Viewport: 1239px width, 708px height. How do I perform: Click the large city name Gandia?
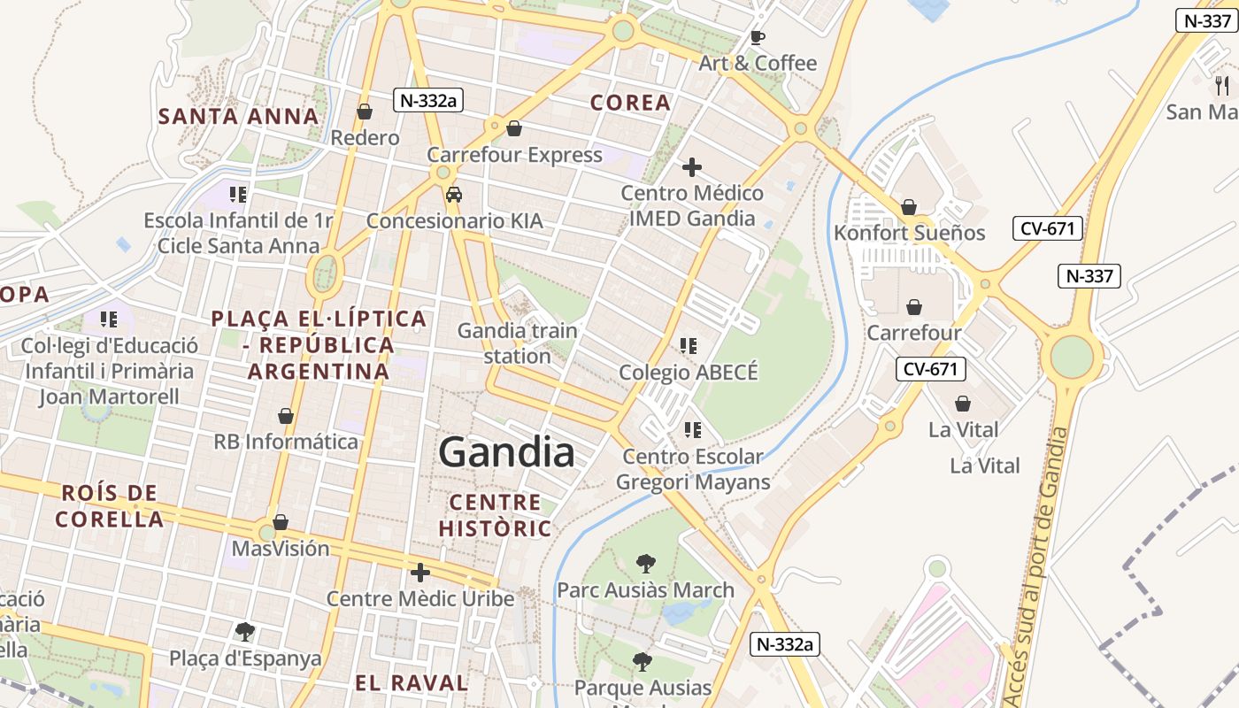pos(506,452)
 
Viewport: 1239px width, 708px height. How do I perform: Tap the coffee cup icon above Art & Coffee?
pos(757,37)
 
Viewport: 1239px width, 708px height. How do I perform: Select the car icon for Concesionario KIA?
pos(453,195)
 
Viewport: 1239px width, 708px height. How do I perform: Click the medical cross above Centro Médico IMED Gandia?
pos(692,166)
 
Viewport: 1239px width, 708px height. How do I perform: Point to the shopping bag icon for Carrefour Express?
pos(514,128)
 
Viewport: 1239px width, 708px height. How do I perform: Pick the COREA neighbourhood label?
pos(630,103)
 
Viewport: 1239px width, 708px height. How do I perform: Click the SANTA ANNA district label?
pos(238,116)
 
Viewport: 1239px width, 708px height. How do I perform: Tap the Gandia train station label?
pos(517,343)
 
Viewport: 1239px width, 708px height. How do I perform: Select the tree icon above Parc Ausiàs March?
pos(646,563)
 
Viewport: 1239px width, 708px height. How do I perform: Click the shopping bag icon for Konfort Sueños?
pos(908,207)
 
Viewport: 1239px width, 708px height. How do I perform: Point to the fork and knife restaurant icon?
pos(1222,86)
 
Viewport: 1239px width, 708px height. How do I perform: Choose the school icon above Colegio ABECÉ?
pos(689,345)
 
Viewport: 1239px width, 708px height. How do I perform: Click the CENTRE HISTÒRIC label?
pos(495,515)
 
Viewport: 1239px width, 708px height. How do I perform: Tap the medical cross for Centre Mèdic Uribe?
pos(420,572)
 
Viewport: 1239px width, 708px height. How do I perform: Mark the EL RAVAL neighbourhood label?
pos(412,682)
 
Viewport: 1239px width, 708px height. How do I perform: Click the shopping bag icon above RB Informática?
pos(286,415)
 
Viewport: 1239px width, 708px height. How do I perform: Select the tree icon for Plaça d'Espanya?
pos(245,631)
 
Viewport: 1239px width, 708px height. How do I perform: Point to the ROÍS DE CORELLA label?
pos(111,505)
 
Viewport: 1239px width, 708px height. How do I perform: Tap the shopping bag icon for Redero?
pos(364,112)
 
